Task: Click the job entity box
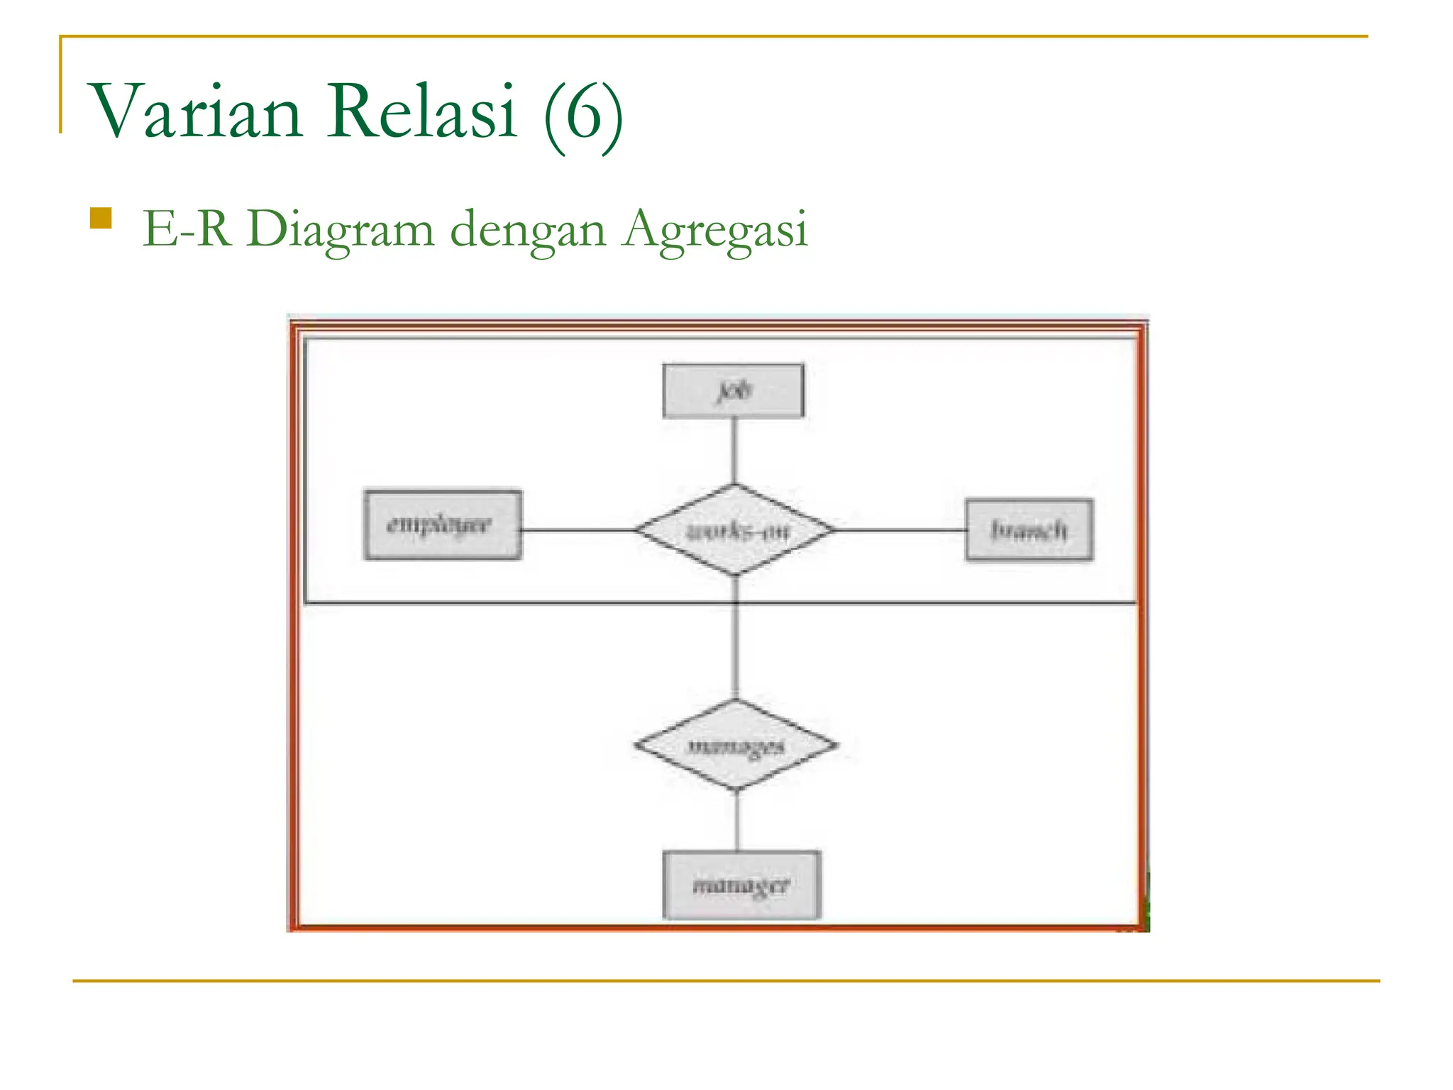click(x=733, y=391)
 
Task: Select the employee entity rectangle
click(x=443, y=525)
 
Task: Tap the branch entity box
click(x=1029, y=530)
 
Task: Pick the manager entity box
click(x=741, y=885)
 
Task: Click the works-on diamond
click(x=735, y=530)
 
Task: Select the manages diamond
click(x=736, y=745)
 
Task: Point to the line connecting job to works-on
click(x=734, y=451)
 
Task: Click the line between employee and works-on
click(x=578, y=530)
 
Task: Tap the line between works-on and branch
click(x=900, y=530)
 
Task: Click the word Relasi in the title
click(x=421, y=112)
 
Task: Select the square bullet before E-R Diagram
click(x=101, y=218)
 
